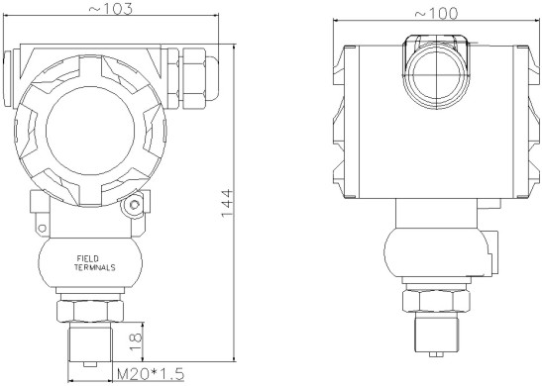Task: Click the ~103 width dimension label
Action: [111, 9]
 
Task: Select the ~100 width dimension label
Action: [436, 14]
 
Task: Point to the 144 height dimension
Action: [227, 204]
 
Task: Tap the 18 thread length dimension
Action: [136, 341]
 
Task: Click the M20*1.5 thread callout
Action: [151, 373]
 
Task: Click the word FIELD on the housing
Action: [88, 258]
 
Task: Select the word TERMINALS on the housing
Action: [95, 267]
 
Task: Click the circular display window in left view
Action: [90, 131]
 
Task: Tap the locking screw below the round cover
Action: [134, 205]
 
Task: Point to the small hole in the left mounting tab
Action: [42, 228]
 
